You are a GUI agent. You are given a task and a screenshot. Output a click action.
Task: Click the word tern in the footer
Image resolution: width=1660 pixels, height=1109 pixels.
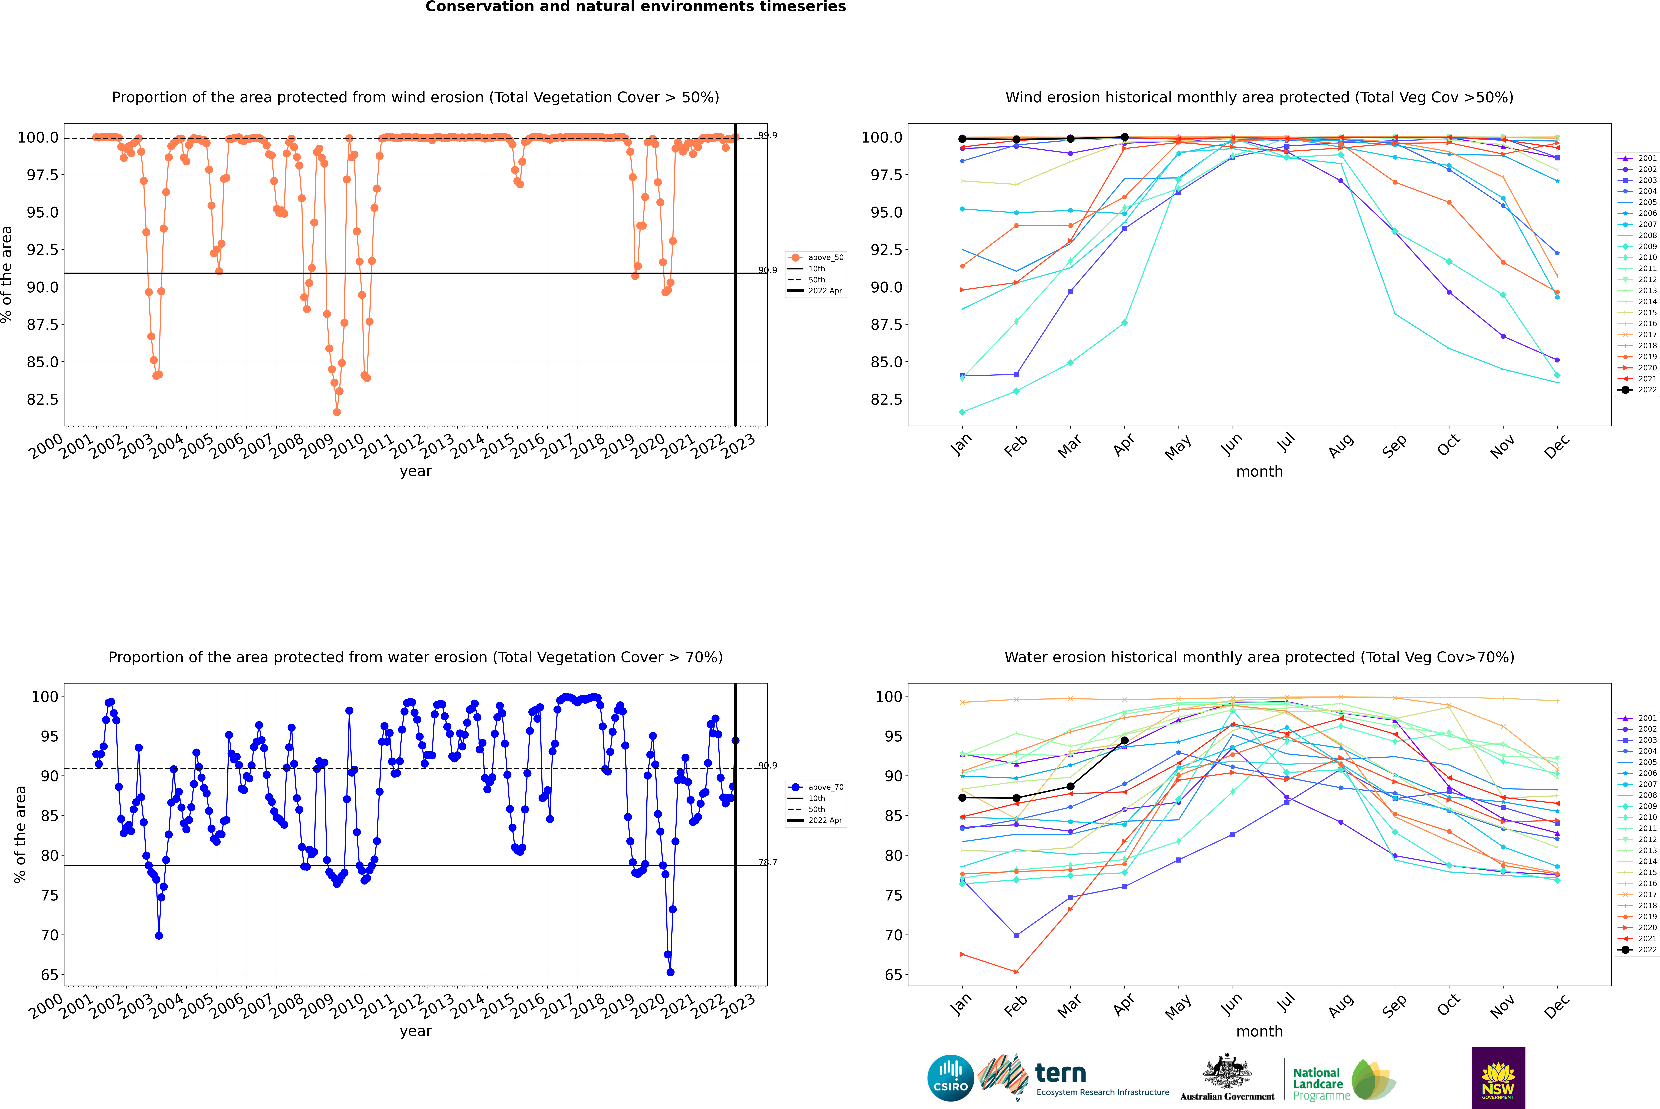tap(1060, 1073)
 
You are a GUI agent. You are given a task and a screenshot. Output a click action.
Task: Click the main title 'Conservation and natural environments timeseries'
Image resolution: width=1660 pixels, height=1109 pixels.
tap(635, 7)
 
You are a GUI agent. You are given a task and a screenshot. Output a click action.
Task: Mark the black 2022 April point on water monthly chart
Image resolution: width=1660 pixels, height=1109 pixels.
tap(1124, 741)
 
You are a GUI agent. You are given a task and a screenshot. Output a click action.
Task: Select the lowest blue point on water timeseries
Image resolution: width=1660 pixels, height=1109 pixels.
tap(670, 972)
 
